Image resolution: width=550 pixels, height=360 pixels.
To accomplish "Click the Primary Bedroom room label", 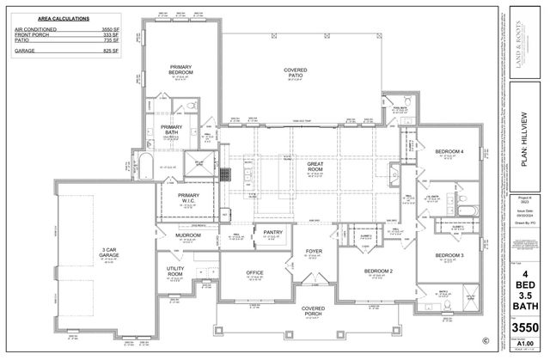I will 180,70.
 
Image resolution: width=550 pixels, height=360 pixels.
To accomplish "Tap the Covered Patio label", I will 301,73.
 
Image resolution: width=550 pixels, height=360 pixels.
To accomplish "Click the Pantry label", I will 273,232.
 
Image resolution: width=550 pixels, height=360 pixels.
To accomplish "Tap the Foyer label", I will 314,252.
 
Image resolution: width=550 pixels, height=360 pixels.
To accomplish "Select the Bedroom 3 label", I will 449,256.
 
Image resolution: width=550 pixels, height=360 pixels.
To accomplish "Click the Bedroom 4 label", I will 449,152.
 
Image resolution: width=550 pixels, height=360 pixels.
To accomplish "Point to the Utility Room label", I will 175,272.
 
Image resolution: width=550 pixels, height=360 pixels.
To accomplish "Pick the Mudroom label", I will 188,235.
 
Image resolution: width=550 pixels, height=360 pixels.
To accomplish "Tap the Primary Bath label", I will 172,131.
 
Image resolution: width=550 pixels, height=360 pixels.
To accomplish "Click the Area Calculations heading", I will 48,16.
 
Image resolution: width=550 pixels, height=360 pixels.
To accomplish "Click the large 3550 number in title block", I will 524,329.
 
